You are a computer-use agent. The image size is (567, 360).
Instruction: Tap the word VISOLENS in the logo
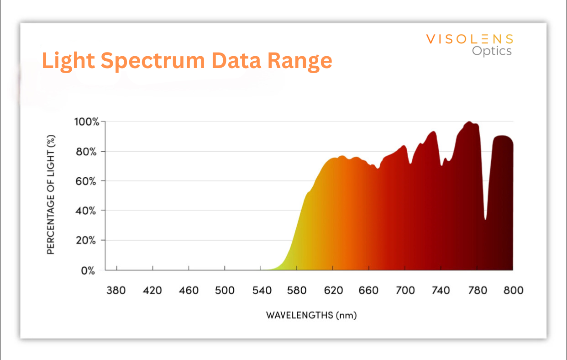point(470,39)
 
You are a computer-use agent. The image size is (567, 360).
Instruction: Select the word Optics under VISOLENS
point(492,51)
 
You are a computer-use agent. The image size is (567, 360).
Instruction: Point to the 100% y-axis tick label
point(86,122)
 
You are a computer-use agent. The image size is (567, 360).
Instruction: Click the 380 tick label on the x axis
point(116,291)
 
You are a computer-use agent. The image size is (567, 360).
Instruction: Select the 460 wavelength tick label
point(189,291)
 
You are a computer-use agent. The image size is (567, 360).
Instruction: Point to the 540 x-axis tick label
point(261,291)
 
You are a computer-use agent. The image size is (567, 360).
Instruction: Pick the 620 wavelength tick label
point(333,291)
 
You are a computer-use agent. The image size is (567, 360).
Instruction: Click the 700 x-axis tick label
point(405,291)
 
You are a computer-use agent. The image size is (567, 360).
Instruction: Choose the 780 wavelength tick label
point(477,291)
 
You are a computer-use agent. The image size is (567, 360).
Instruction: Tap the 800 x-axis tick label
point(513,291)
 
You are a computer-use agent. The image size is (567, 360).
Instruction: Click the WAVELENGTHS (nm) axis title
point(311,315)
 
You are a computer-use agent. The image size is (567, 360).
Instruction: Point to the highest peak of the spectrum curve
point(469,122)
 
